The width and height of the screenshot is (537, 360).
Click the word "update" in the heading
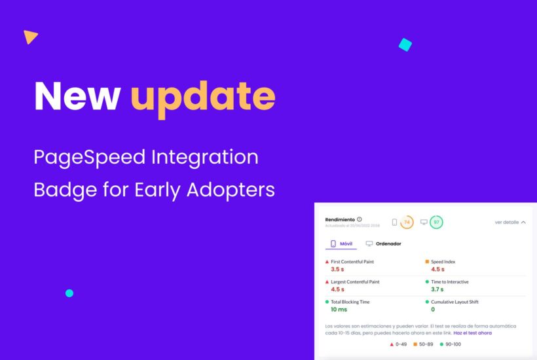click(202, 97)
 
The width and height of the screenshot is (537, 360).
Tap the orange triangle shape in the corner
click(29, 37)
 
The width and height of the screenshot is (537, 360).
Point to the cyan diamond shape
click(405, 45)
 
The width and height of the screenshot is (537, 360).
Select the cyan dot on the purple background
click(69, 293)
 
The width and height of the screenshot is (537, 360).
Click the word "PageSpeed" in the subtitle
click(90, 157)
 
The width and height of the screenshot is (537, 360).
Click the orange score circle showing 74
click(407, 223)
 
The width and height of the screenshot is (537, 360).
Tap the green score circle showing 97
click(436, 223)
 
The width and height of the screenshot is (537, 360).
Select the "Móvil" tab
click(341, 243)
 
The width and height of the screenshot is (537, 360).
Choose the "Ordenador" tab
click(384, 243)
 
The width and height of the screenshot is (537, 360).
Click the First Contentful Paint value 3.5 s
click(337, 269)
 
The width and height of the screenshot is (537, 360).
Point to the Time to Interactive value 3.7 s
click(437, 289)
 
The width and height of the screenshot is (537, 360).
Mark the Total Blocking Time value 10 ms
click(339, 309)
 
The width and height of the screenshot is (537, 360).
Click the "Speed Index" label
click(443, 261)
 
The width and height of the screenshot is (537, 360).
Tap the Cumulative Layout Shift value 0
click(433, 309)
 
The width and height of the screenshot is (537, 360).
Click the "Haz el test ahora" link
click(472, 333)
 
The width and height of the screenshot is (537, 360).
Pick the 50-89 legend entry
click(424, 344)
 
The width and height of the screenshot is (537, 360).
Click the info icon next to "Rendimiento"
click(360, 219)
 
